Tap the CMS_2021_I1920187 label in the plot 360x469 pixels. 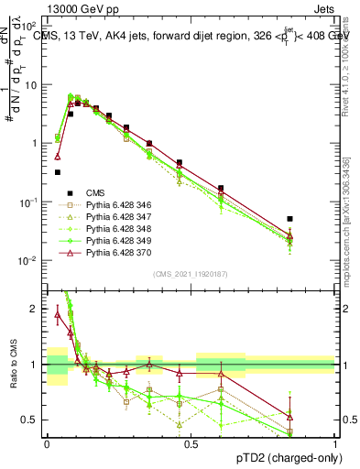[190, 274]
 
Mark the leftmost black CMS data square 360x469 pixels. [58, 171]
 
